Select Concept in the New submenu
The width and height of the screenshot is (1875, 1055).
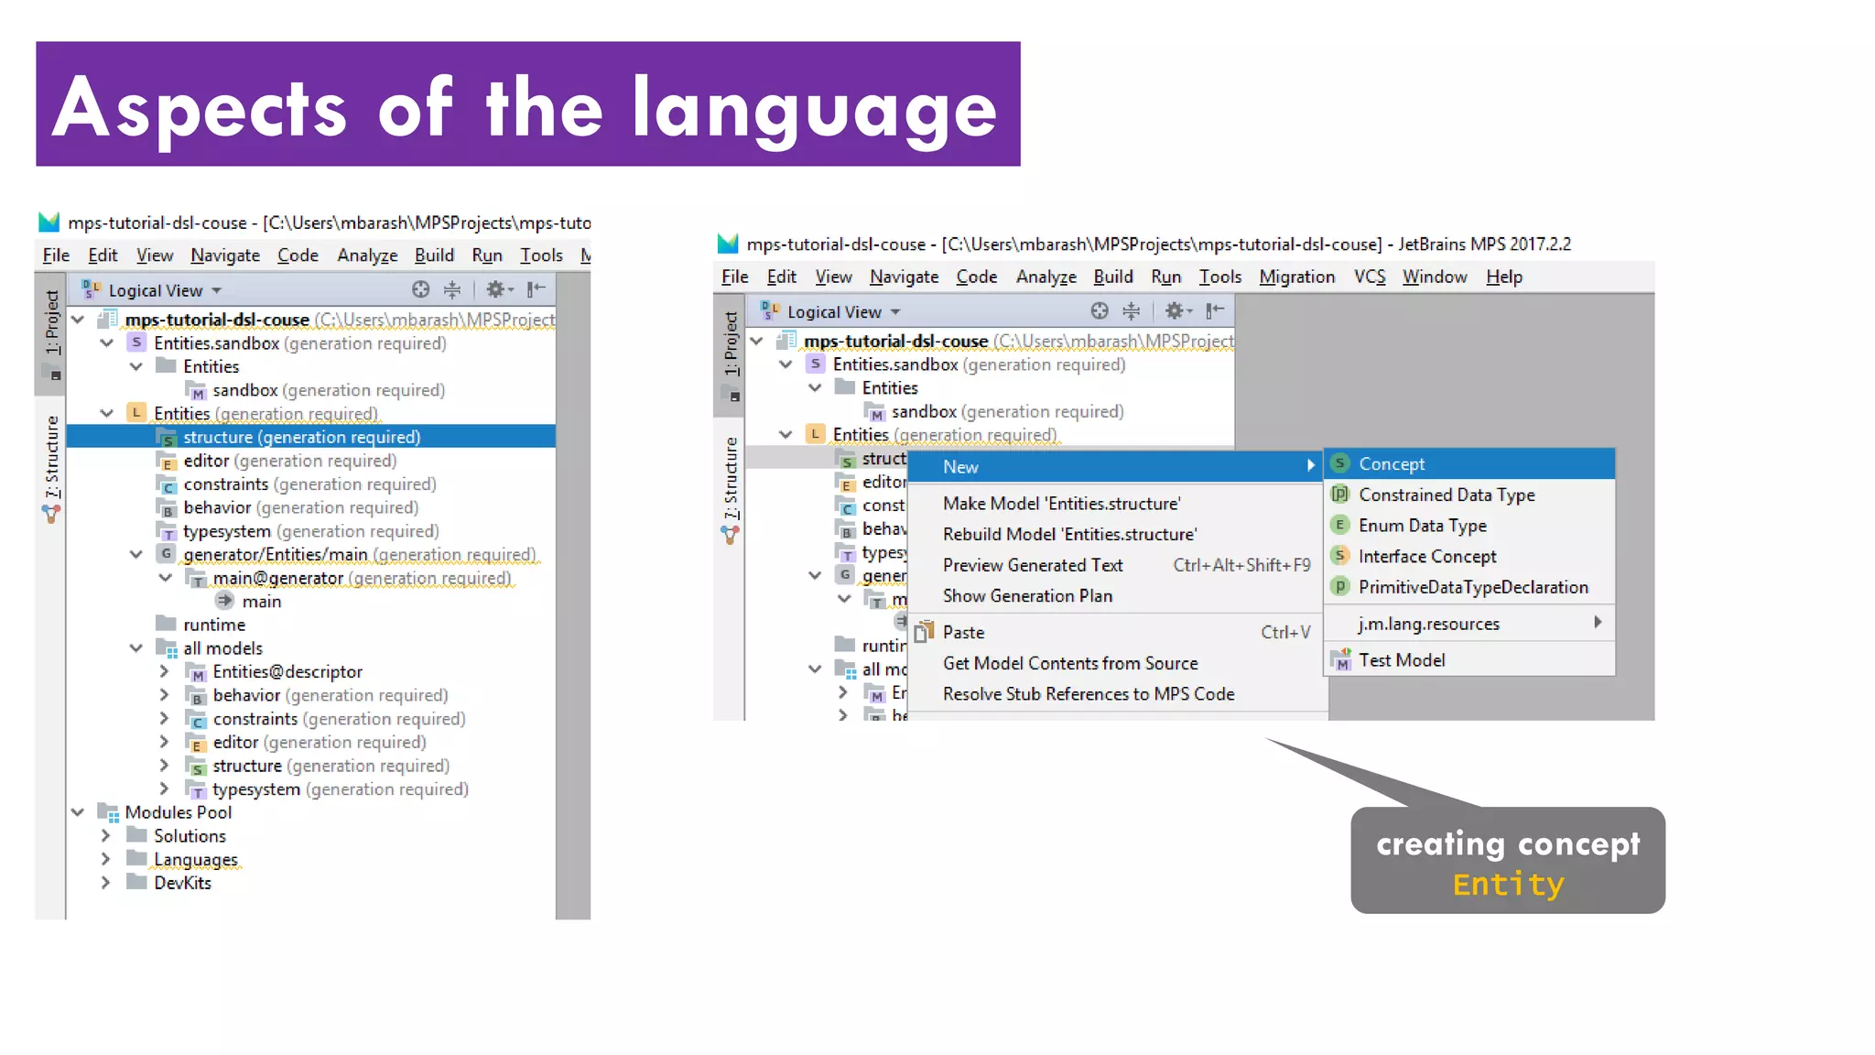click(1391, 464)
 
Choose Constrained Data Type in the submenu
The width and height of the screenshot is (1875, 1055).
click(1446, 495)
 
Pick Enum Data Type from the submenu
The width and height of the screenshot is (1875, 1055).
click(1422, 526)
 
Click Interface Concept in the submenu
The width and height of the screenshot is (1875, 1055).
click(1426, 557)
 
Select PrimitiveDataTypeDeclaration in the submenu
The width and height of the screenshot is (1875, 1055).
click(1472, 587)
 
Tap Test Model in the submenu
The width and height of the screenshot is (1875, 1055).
click(1401, 660)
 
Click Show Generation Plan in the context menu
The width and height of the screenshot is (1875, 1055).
click(1027, 596)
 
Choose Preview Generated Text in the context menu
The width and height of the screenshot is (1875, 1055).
click(1033, 565)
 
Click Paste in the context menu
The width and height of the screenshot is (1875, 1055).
click(963, 633)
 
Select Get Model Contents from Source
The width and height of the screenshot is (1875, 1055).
click(1069, 663)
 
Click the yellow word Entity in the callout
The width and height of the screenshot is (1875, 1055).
click(1508, 885)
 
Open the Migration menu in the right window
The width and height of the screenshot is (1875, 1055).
click(1296, 277)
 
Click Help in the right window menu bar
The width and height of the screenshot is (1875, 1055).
click(1503, 277)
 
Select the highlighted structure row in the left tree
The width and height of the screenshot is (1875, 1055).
click(301, 438)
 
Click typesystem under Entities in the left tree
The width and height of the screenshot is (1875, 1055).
click(227, 531)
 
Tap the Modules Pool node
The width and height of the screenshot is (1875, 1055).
click(178, 812)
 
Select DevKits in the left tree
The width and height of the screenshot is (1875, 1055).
click(182, 883)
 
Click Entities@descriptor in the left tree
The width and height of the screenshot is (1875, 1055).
click(287, 672)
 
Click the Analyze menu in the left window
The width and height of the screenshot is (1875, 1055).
click(367, 256)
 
